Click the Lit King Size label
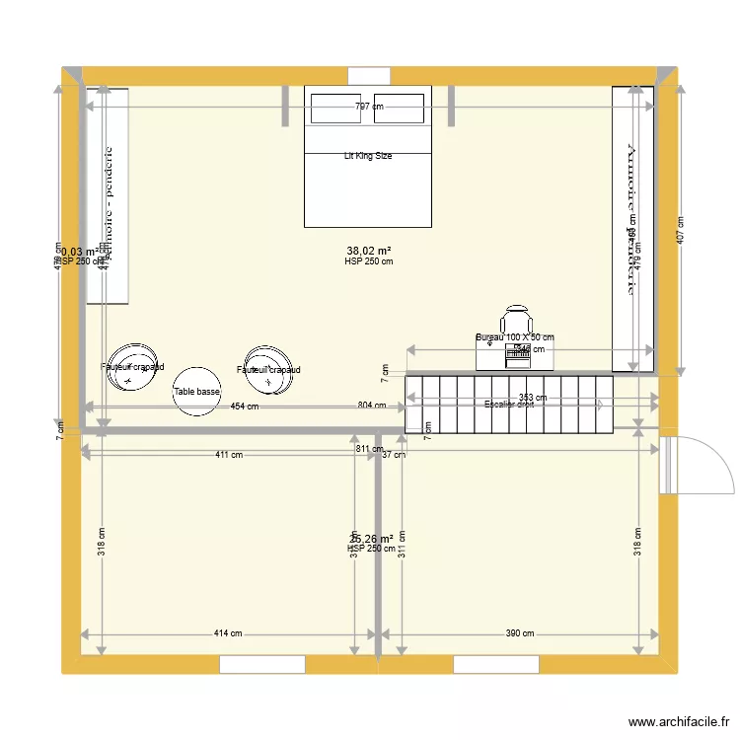(368, 156)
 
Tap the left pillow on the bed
(336, 110)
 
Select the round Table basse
(196, 392)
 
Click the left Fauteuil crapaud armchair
(132, 368)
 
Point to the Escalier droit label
(509, 404)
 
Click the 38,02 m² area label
(369, 251)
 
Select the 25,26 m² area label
(371, 539)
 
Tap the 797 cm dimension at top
(369, 107)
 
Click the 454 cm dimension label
(245, 407)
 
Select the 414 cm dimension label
(228, 634)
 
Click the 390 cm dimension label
(520, 634)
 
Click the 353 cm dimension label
(533, 398)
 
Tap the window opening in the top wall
(369, 75)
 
